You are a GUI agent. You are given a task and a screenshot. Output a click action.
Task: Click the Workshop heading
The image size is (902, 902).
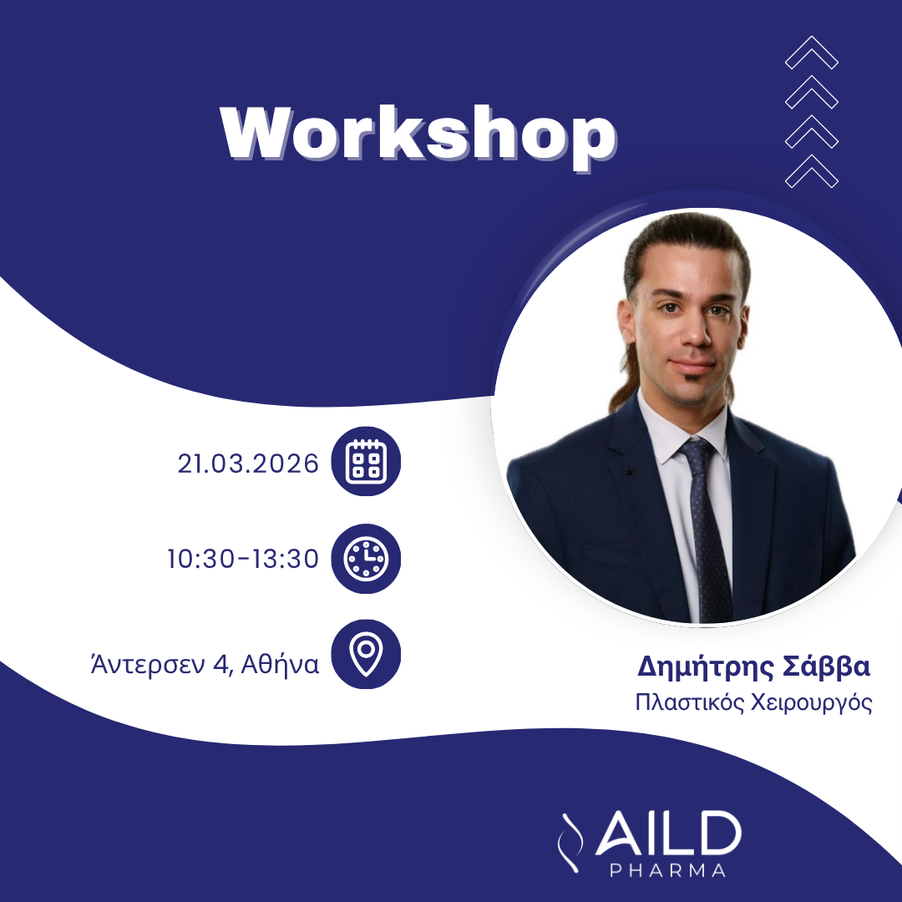pos(418,133)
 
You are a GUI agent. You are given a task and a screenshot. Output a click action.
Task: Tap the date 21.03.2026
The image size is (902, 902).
pos(248,464)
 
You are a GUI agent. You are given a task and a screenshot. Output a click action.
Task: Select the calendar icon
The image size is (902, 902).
pos(367,462)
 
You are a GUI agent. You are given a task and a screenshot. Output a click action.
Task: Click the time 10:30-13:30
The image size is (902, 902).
pos(243,559)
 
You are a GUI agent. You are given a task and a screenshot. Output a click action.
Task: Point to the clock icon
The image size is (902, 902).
pos(367,559)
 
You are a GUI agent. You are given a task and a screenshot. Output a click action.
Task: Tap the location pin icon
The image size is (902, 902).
pos(367,654)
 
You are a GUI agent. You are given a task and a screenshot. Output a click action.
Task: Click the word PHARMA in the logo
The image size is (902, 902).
pos(666,871)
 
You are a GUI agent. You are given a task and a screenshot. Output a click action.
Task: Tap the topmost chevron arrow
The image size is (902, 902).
pos(812,53)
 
